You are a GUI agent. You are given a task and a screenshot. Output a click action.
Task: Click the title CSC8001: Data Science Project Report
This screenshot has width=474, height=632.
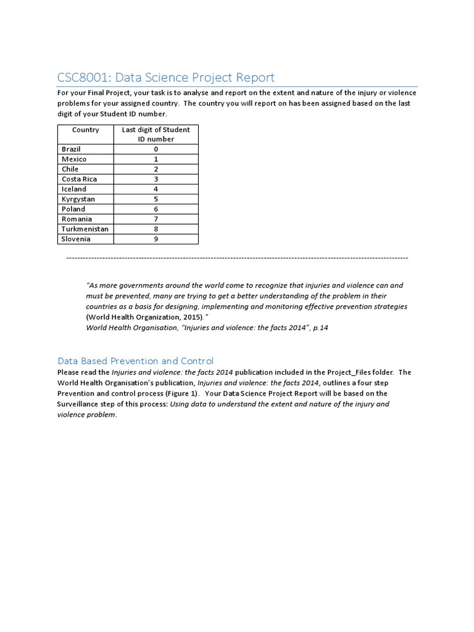165,77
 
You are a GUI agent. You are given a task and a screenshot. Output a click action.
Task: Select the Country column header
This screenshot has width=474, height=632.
85,130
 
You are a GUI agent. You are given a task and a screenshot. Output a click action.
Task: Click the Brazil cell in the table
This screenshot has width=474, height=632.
71,149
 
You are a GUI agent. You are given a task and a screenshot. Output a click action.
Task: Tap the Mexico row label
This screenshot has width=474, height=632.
74,159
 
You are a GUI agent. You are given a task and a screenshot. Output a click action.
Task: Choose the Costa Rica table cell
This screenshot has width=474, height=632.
79,179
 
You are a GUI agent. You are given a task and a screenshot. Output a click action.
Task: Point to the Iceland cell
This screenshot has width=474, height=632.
74,189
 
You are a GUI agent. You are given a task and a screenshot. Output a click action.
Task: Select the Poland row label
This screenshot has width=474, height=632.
73,209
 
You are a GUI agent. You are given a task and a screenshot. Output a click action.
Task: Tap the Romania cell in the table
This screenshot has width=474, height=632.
77,219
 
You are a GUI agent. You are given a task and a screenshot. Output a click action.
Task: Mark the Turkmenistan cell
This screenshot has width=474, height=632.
85,229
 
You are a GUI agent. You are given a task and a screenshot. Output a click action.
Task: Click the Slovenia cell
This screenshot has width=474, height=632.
76,239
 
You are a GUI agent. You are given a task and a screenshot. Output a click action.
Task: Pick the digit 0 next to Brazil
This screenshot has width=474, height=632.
156,149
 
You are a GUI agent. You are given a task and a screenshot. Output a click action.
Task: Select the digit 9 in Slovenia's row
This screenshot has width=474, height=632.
156,239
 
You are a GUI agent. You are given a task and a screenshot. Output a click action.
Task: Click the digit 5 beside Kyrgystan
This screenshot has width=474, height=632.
156,199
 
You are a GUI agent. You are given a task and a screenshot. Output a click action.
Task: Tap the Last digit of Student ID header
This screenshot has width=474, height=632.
156,134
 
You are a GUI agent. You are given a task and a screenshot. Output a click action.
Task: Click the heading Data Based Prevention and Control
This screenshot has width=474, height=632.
135,360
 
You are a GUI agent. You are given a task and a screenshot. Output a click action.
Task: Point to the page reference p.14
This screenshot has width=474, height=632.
321,328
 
